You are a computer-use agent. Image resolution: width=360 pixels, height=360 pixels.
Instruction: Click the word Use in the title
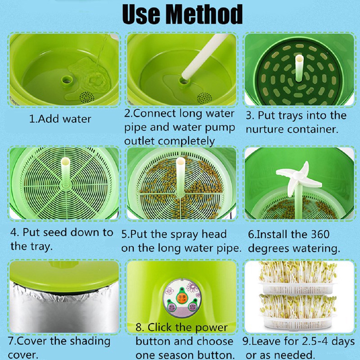point(141,15)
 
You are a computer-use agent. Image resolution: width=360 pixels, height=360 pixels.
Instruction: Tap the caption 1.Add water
point(60,119)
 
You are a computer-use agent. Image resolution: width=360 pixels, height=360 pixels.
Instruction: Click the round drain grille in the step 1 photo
point(86,97)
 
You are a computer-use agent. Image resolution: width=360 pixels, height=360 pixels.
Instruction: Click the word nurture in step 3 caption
point(265,129)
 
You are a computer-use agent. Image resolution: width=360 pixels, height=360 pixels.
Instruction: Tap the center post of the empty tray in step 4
point(65,172)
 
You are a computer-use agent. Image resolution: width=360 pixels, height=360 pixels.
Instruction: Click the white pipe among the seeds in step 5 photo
point(180,176)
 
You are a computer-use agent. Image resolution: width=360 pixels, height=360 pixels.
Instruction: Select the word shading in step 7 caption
point(90,341)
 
